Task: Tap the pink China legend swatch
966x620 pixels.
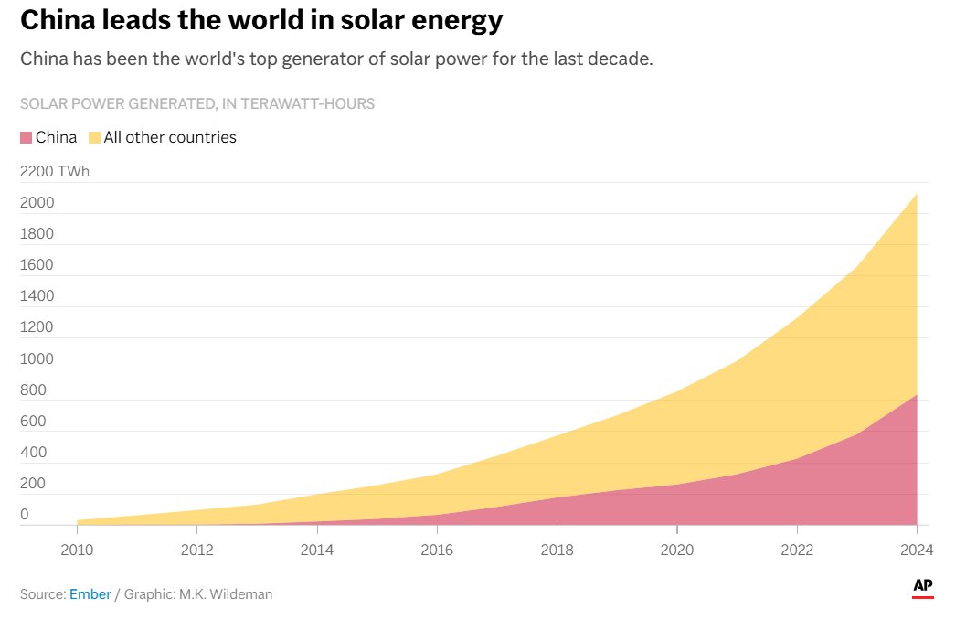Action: pos(26,137)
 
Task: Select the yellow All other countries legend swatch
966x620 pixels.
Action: pos(94,137)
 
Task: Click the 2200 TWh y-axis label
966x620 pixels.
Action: pos(55,172)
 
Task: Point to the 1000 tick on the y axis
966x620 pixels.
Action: pos(37,358)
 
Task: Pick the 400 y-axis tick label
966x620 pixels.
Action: pos(33,452)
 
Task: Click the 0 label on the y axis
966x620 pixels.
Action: pos(25,515)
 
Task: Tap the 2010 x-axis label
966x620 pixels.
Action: pos(77,550)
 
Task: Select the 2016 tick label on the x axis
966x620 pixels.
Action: pos(437,550)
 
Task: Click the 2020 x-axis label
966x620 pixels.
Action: pos(676,550)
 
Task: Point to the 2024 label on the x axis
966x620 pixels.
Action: pos(915,550)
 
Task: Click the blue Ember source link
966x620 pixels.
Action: pos(90,594)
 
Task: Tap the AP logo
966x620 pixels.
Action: pos(922,587)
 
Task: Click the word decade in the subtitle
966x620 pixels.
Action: pos(621,59)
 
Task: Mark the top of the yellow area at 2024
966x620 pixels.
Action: pos(916,194)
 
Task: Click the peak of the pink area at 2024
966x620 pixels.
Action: pos(916,395)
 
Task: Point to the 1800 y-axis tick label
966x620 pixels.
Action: pos(37,234)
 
